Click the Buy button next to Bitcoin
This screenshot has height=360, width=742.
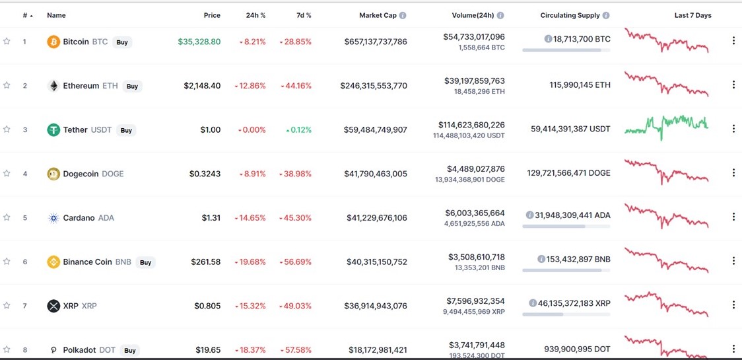[x=122, y=42]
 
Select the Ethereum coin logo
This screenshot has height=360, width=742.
[x=53, y=86]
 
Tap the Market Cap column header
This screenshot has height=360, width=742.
[x=378, y=15]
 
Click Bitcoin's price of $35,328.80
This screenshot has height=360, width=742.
[x=199, y=42]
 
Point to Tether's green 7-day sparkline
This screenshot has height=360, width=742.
[x=666, y=126]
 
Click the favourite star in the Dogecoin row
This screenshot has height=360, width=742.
[x=7, y=174]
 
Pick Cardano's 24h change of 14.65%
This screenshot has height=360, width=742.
[x=250, y=218]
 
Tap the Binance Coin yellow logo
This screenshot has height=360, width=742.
[x=53, y=262]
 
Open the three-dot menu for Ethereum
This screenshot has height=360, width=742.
[x=733, y=85]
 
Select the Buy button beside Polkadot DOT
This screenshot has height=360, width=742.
[x=130, y=350]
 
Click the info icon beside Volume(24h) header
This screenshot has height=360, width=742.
[x=500, y=15]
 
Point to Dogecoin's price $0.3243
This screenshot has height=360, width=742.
[x=205, y=174]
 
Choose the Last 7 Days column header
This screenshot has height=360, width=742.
[x=692, y=15]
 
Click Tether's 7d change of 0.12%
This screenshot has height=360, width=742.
[x=298, y=130]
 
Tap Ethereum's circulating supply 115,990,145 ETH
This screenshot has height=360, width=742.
[x=580, y=85]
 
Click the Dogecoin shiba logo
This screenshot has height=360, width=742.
[x=53, y=174]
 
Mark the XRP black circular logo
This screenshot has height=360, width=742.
[x=53, y=306]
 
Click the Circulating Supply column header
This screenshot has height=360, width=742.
[x=570, y=15]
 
